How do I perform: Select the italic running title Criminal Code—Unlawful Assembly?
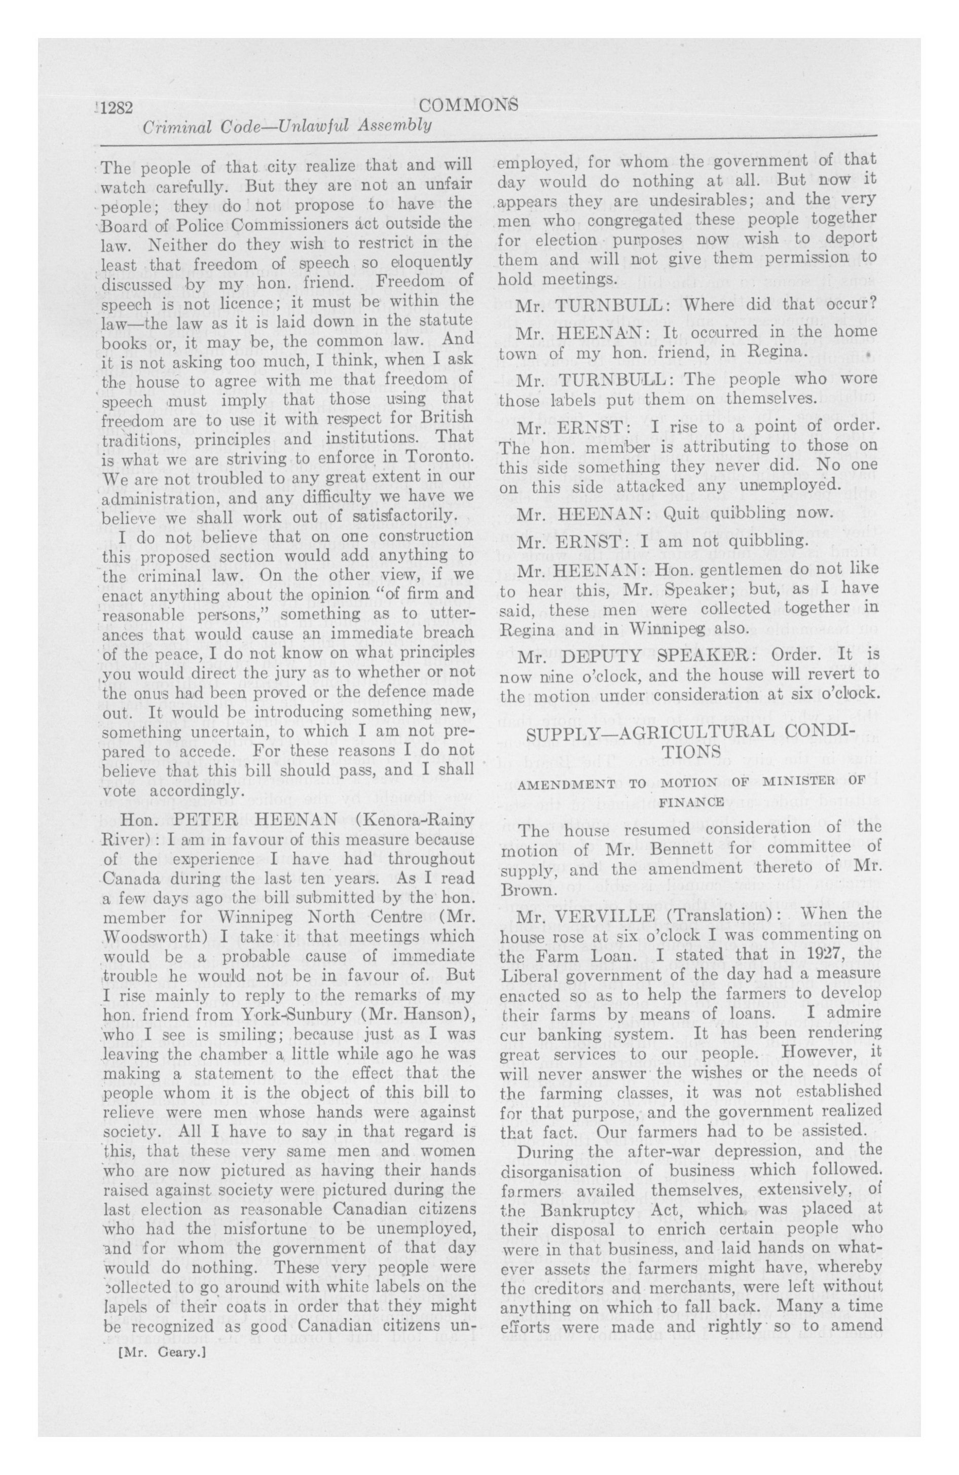pyautogui.click(x=286, y=126)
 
